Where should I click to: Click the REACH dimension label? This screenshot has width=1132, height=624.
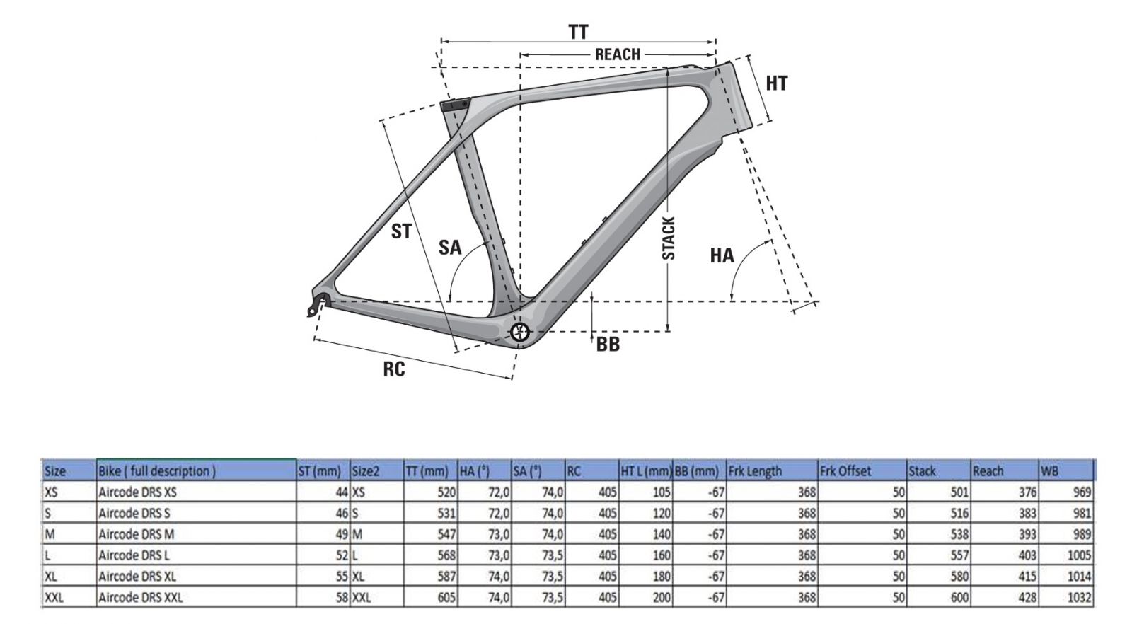click(618, 54)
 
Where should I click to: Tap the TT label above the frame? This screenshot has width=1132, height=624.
click(579, 33)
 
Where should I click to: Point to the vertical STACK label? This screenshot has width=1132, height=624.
click(669, 238)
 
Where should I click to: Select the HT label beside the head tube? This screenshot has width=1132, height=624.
click(777, 83)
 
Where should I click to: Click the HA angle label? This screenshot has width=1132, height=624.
click(722, 255)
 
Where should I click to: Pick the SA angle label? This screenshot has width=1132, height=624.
click(450, 248)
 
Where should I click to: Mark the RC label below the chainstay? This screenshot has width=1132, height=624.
click(393, 369)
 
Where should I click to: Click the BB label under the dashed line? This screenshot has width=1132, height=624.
click(608, 345)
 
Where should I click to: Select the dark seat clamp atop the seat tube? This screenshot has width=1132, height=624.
click(455, 105)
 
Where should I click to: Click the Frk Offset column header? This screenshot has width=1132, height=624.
click(845, 471)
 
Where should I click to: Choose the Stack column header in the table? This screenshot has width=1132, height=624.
click(923, 471)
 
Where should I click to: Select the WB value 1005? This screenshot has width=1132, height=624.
click(1079, 555)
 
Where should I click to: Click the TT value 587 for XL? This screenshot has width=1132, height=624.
click(446, 577)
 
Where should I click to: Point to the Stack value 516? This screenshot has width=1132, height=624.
click(959, 514)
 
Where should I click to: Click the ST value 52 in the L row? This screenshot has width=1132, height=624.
click(342, 555)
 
